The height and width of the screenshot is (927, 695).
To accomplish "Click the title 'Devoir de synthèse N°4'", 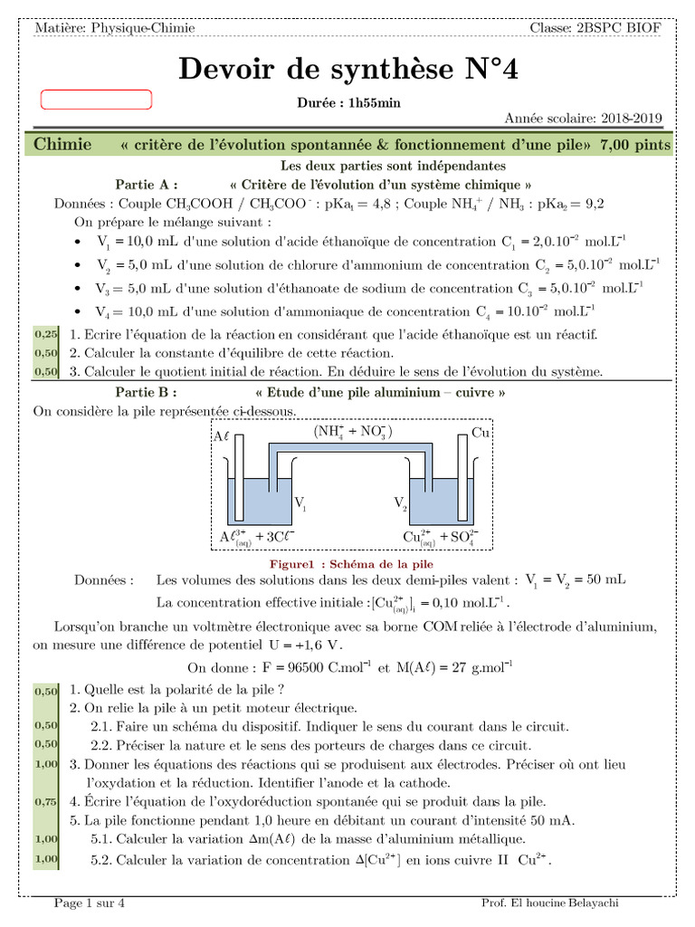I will coord(347,70).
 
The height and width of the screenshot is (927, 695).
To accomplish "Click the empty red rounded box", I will coord(97,100).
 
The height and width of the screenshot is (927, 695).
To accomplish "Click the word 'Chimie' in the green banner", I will coord(62,145).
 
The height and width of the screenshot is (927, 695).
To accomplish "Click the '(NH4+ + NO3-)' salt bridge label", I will coord(353,432).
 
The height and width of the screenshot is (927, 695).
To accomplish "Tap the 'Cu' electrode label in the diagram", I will coord(481,434).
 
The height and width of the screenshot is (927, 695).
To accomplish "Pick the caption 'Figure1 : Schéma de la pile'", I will coord(347,563).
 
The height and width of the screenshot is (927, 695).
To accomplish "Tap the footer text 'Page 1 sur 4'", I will coord(90,903).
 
